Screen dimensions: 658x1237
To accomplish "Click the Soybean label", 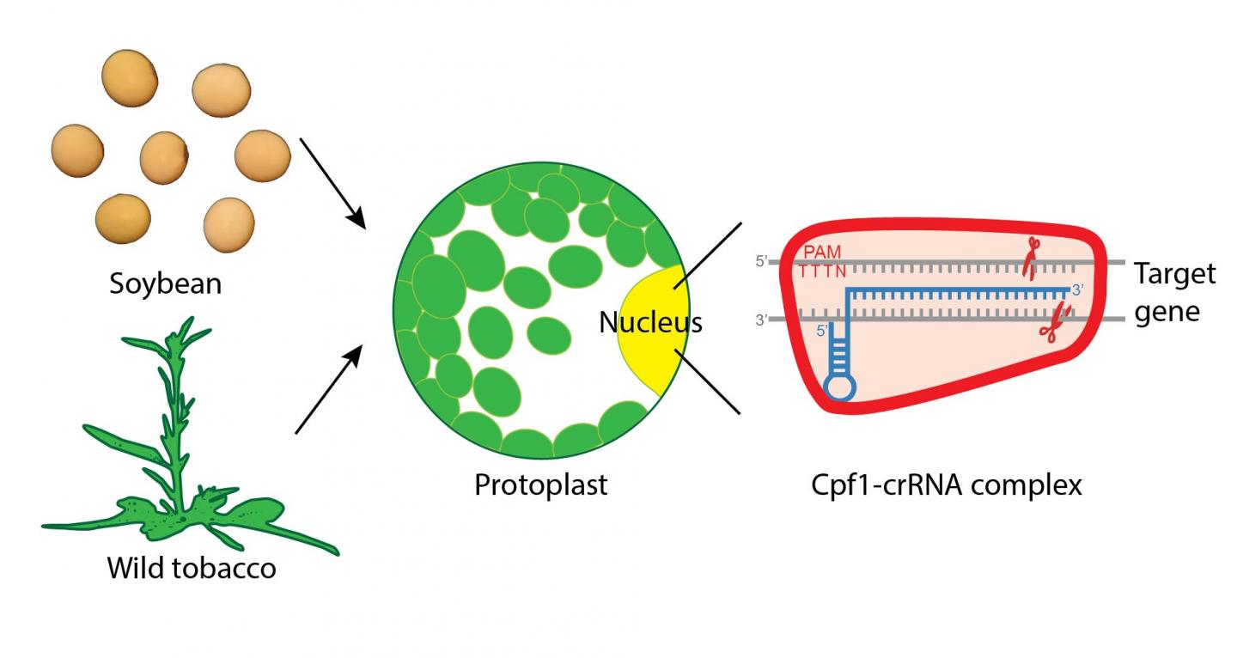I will (165, 283).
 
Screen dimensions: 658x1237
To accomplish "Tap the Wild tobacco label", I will (192, 568).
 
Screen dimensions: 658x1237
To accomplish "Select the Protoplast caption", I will (540, 484).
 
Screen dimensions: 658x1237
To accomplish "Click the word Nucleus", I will (650, 322).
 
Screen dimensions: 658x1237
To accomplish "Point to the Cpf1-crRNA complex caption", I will (946, 485).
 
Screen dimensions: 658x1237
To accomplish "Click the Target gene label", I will (1174, 292).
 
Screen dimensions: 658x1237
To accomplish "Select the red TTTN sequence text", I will (823, 271).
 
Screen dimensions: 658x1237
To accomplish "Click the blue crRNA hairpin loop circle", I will (839, 387).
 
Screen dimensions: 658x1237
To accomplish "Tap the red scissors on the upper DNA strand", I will (1030, 258).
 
